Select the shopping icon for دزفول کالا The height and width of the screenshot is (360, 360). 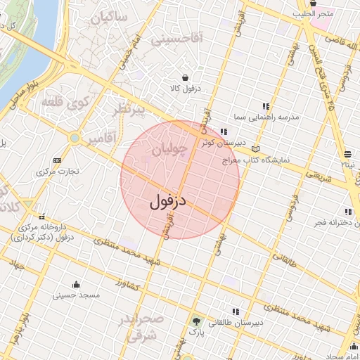point(184,78)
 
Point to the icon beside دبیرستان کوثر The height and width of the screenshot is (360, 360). point(224,131)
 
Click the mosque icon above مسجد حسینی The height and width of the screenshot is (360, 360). point(76,284)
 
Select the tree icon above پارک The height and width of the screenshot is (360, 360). point(196,320)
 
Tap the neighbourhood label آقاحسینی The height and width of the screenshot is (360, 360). point(176,40)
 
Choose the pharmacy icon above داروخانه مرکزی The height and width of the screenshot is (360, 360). point(42,217)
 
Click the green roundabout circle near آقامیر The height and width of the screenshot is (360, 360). point(75,138)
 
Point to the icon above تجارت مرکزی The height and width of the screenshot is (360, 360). point(57,161)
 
